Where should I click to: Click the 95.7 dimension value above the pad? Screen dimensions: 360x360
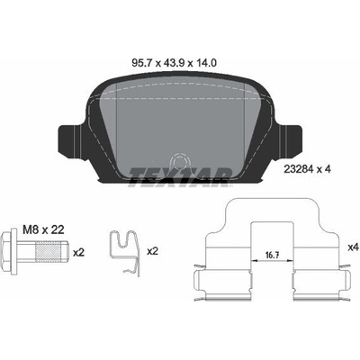pos(143,63)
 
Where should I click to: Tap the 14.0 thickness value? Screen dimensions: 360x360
pos(206,63)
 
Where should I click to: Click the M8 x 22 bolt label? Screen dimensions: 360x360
pos(43,230)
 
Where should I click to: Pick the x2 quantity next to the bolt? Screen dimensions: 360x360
pos(79,253)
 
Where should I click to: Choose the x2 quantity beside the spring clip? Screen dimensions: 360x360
pos(152,251)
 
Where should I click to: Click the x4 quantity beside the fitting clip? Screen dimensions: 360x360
pos(353,247)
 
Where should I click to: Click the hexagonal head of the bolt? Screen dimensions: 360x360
pos(6,252)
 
